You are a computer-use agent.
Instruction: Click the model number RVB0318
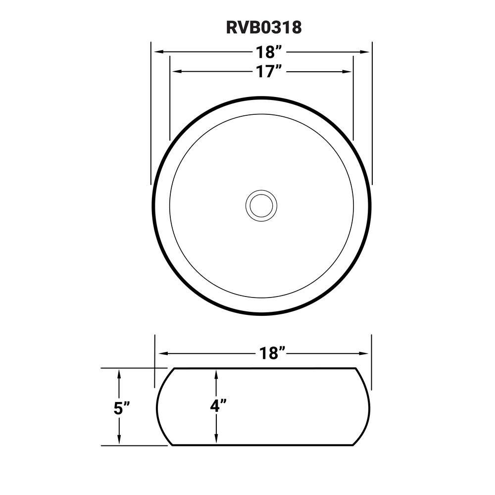point(263,28)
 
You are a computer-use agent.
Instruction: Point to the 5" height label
point(121,408)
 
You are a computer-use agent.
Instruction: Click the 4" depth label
point(218,406)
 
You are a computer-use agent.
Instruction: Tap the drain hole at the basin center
point(261,205)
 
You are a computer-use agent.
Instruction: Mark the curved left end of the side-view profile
point(158,407)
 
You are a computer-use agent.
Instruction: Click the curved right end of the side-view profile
point(369,407)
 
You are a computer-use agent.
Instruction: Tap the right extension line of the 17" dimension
point(353,99)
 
